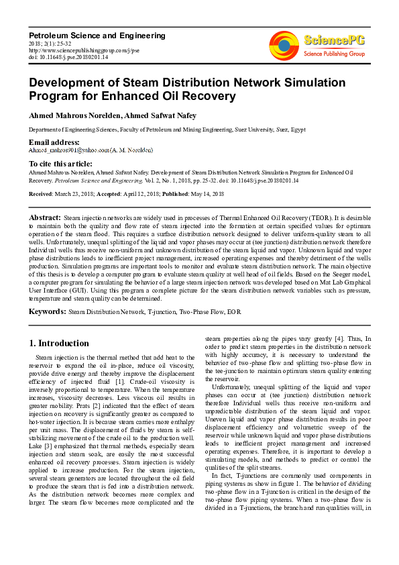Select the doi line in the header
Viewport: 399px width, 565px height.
click(60, 57)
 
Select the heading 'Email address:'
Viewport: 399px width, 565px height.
click(54, 142)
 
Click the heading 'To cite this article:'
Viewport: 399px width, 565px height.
click(60, 164)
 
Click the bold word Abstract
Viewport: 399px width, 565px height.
click(44, 218)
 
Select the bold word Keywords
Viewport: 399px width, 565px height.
click(47, 311)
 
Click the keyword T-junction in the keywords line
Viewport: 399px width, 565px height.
click(162, 312)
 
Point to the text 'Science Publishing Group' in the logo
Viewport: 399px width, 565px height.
click(334, 53)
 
